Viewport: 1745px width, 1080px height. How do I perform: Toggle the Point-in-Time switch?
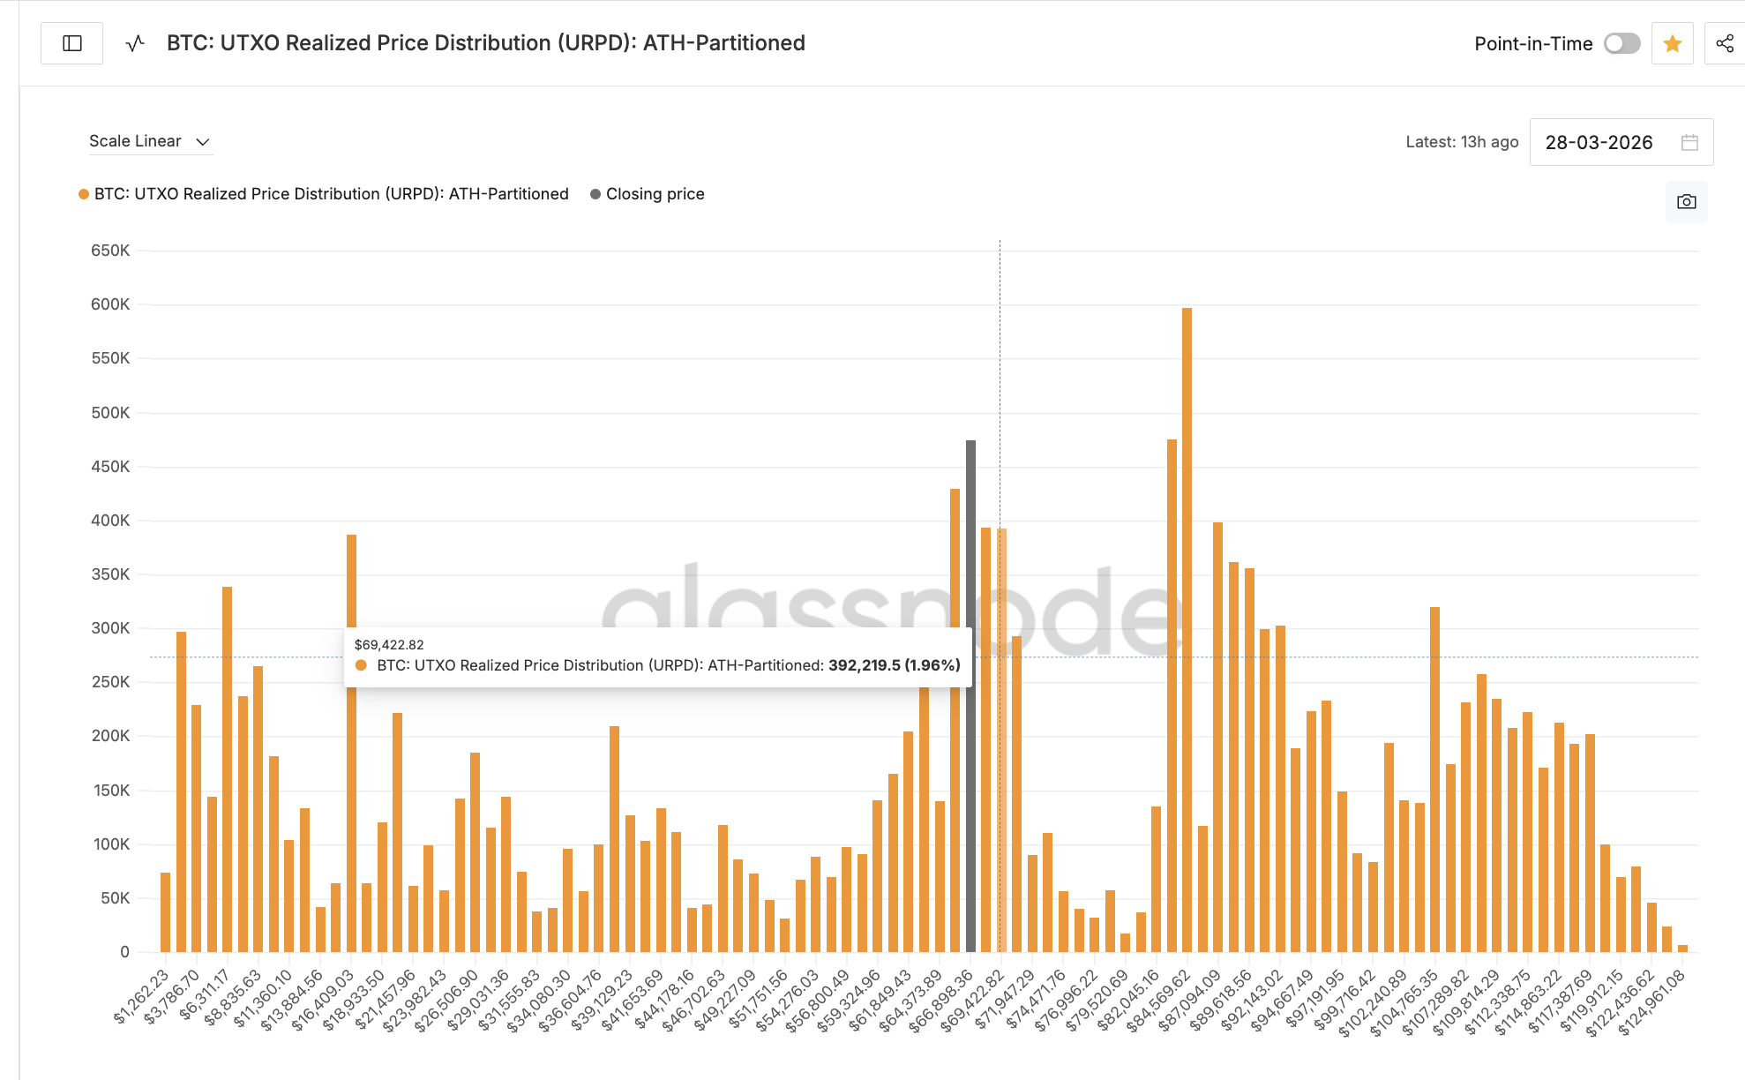click(x=1621, y=43)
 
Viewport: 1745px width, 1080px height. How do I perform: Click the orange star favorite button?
click(x=1672, y=43)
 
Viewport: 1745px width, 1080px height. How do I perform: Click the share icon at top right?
click(x=1725, y=43)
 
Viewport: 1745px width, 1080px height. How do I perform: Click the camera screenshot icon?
click(x=1686, y=202)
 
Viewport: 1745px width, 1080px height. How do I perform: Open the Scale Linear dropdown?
click(x=150, y=141)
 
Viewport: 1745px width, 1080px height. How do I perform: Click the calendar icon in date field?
click(x=1689, y=142)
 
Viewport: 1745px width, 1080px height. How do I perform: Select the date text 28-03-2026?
click(x=1599, y=142)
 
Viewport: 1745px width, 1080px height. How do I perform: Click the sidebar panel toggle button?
click(x=72, y=43)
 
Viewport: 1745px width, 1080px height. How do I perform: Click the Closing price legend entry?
click(x=654, y=194)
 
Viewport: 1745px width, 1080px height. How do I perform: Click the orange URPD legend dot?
click(x=84, y=194)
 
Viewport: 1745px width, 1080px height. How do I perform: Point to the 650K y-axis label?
click(x=110, y=251)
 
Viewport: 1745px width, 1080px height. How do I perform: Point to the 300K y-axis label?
click(x=110, y=628)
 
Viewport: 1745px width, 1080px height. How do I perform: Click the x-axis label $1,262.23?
click(x=141, y=997)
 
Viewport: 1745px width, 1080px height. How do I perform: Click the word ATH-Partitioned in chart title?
click(x=723, y=43)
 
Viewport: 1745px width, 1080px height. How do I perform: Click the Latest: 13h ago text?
click(x=1462, y=142)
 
